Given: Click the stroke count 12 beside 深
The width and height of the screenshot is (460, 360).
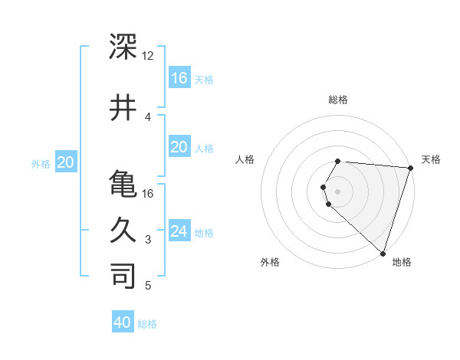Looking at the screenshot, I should (148, 56).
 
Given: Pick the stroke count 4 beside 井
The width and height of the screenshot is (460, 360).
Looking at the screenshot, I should (148, 116).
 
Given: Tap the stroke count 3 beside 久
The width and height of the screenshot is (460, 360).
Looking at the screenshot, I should (148, 240).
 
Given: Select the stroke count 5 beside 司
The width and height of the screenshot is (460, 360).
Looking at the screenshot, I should (148, 286).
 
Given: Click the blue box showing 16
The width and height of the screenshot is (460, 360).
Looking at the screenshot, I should (179, 77).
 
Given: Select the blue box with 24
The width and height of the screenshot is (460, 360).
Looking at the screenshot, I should (179, 231).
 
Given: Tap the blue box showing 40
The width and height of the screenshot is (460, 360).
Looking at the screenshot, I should (123, 322).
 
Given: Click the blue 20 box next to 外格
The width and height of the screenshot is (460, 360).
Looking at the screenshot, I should (66, 162).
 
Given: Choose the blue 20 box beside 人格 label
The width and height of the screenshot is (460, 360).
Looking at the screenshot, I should (179, 147).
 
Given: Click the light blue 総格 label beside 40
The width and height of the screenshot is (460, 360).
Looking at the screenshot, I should (148, 324).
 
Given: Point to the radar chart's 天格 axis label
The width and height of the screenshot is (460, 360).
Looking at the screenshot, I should (431, 159).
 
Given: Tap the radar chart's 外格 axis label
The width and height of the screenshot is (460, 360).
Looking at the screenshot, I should (270, 262).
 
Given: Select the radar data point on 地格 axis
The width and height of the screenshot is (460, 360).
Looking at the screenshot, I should (382, 254).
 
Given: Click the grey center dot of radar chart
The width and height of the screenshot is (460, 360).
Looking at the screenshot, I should (337, 191).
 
